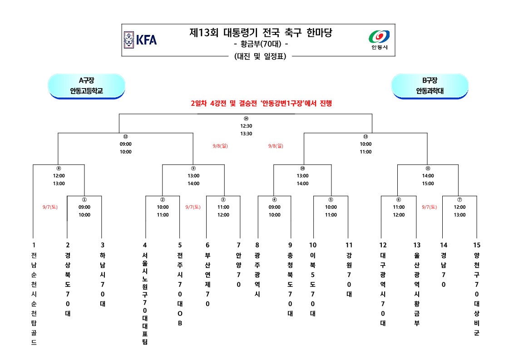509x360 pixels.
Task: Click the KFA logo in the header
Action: (x=140, y=39)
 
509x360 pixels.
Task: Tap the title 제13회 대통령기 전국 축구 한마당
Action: (x=261, y=33)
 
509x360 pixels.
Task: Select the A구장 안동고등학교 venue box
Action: (x=86, y=86)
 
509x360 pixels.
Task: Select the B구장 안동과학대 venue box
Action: (x=430, y=86)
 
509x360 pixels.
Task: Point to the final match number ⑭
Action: (x=246, y=118)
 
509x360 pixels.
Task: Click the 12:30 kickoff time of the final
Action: (x=246, y=126)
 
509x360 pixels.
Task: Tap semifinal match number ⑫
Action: (x=126, y=136)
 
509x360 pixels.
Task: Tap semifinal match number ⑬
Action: (x=366, y=136)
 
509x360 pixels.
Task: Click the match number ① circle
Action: (x=84, y=199)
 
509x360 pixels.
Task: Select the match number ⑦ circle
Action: (x=460, y=199)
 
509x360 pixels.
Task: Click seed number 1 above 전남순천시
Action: (x=34, y=245)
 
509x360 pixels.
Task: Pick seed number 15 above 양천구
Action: (x=476, y=245)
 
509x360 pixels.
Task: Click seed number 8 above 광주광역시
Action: (x=257, y=245)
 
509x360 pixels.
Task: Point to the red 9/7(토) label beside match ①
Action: (x=49, y=207)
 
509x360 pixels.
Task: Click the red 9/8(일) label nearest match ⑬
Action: (x=276, y=146)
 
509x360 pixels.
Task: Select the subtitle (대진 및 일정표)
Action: (x=260, y=56)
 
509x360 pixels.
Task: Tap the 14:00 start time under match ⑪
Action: (x=428, y=176)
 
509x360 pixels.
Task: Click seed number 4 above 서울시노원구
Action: (x=145, y=245)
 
